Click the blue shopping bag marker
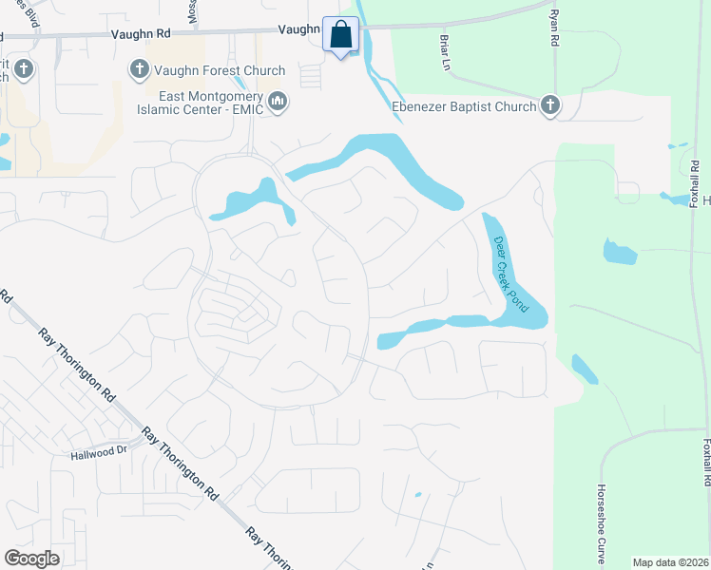tap(340, 36)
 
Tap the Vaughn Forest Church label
tap(221, 70)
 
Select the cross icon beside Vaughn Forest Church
tap(139, 69)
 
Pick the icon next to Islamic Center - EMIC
tap(278, 101)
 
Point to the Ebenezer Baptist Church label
tap(464, 106)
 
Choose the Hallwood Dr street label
tap(99, 453)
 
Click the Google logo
tap(32, 559)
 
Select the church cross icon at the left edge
tap(23, 68)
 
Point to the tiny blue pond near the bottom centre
tap(417, 495)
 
